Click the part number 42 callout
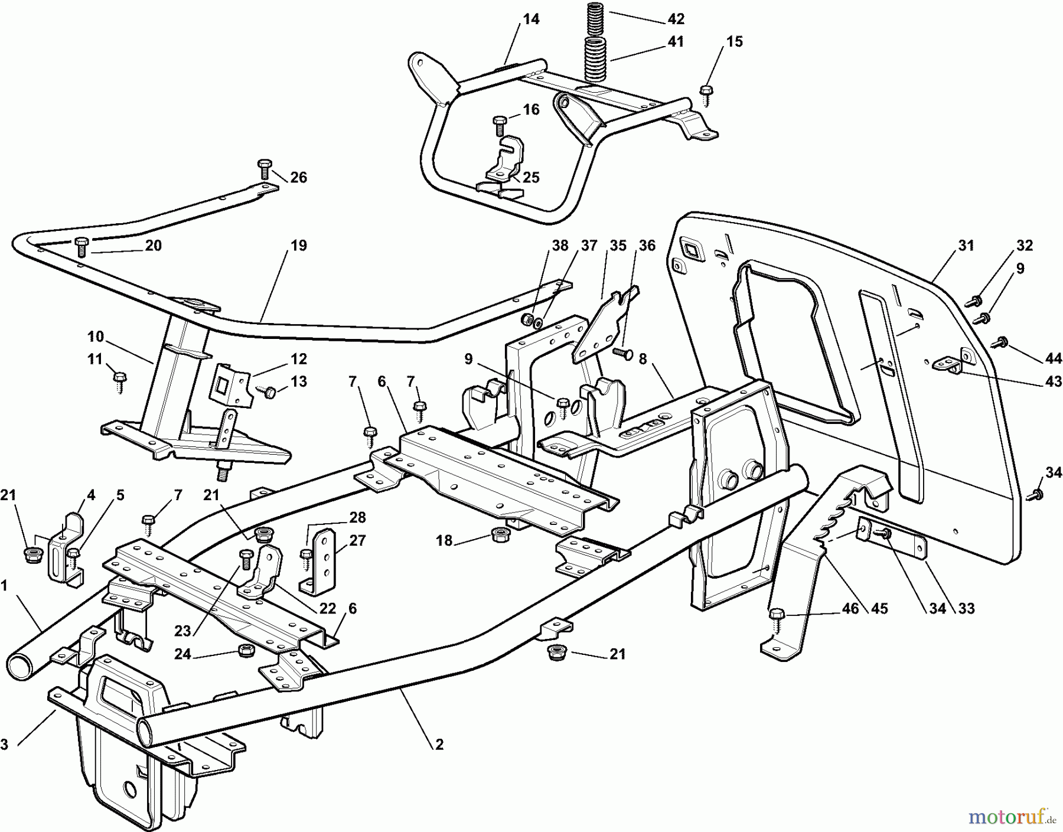click(676, 19)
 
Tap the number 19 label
click(299, 245)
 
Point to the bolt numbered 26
click(263, 168)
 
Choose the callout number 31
click(966, 245)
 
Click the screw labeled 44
click(1002, 341)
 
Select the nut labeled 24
click(242, 650)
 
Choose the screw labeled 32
click(975, 301)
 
